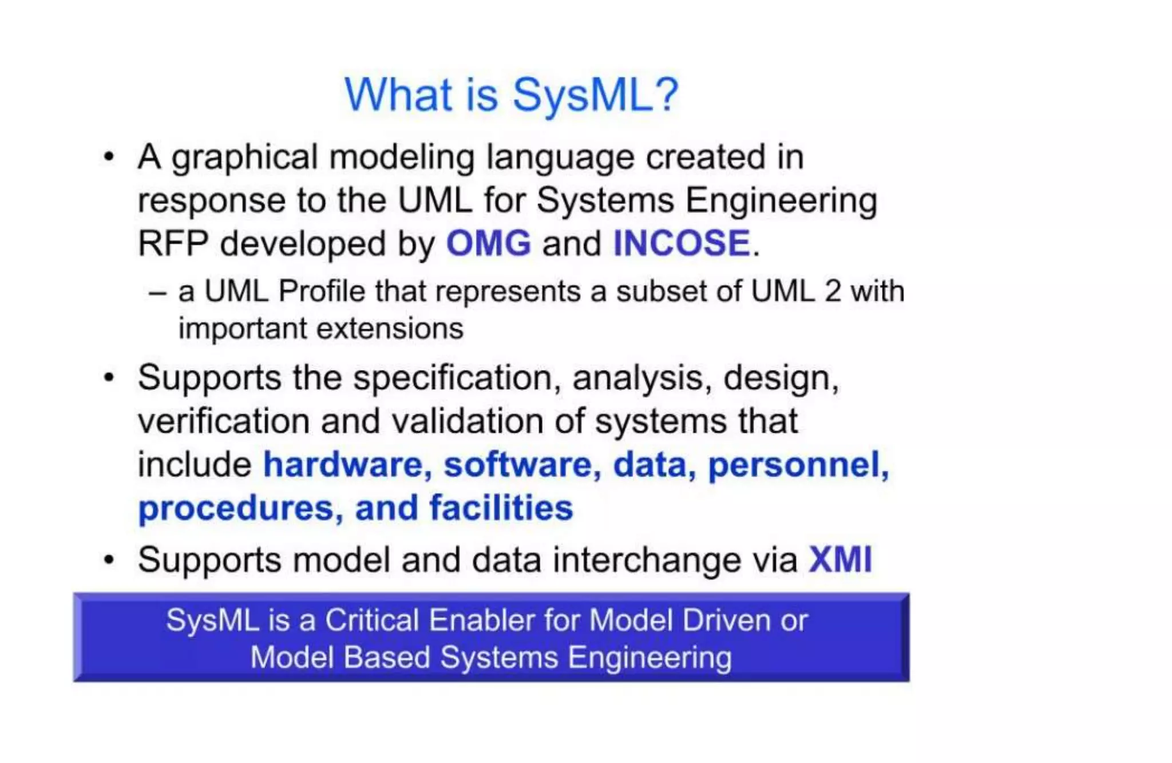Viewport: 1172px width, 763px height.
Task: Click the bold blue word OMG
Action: click(488, 243)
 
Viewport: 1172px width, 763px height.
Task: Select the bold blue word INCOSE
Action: click(682, 243)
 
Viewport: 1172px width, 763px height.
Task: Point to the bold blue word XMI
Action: click(840, 559)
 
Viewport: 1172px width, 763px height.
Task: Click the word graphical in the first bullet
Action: click(244, 157)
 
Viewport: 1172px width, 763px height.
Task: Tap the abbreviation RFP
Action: click(173, 243)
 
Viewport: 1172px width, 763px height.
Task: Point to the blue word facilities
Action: click(501, 508)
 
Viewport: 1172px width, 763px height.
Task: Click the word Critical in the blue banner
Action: click(373, 620)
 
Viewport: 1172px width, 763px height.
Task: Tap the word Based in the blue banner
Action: click(387, 657)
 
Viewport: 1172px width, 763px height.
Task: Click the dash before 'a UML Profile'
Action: click(157, 292)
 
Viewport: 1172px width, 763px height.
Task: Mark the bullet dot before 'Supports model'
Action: click(109, 559)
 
